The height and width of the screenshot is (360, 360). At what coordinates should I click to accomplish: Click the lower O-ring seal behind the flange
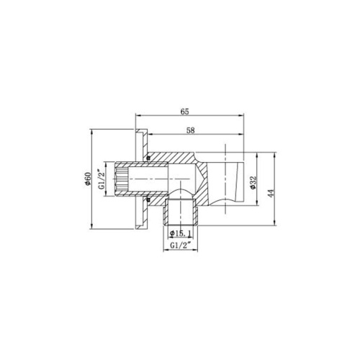click(x=146, y=201)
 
